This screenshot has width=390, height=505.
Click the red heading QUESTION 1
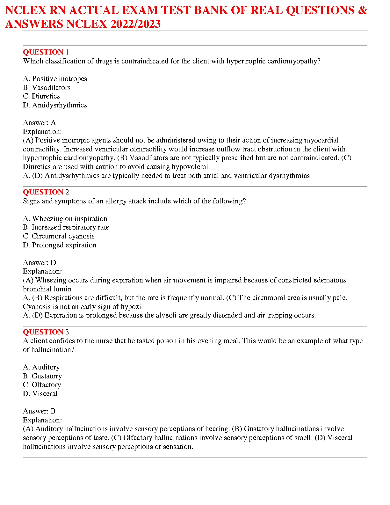click(46, 52)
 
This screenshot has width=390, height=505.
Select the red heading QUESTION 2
click(46, 192)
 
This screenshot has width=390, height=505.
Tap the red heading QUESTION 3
click(46, 332)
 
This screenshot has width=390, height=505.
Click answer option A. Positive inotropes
click(55, 79)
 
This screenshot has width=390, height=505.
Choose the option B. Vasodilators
click(47, 87)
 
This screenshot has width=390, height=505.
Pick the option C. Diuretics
click(41, 96)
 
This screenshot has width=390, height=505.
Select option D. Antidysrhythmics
click(55, 105)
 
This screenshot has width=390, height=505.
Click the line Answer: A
click(40, 123)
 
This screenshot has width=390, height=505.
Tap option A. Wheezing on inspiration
click(65, 219)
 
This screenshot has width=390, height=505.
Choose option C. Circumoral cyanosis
click(59, 236)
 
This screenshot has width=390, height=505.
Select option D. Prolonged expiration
click(60, 245)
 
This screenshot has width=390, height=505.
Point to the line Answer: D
click(40, 263)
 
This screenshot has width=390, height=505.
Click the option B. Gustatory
click(42, 376)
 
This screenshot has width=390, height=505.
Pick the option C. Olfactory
click(42, 385)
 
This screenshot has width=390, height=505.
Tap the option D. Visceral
click(40, 394)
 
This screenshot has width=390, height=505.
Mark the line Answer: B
click(39, 411)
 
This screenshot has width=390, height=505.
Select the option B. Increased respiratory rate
click(66, 227)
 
